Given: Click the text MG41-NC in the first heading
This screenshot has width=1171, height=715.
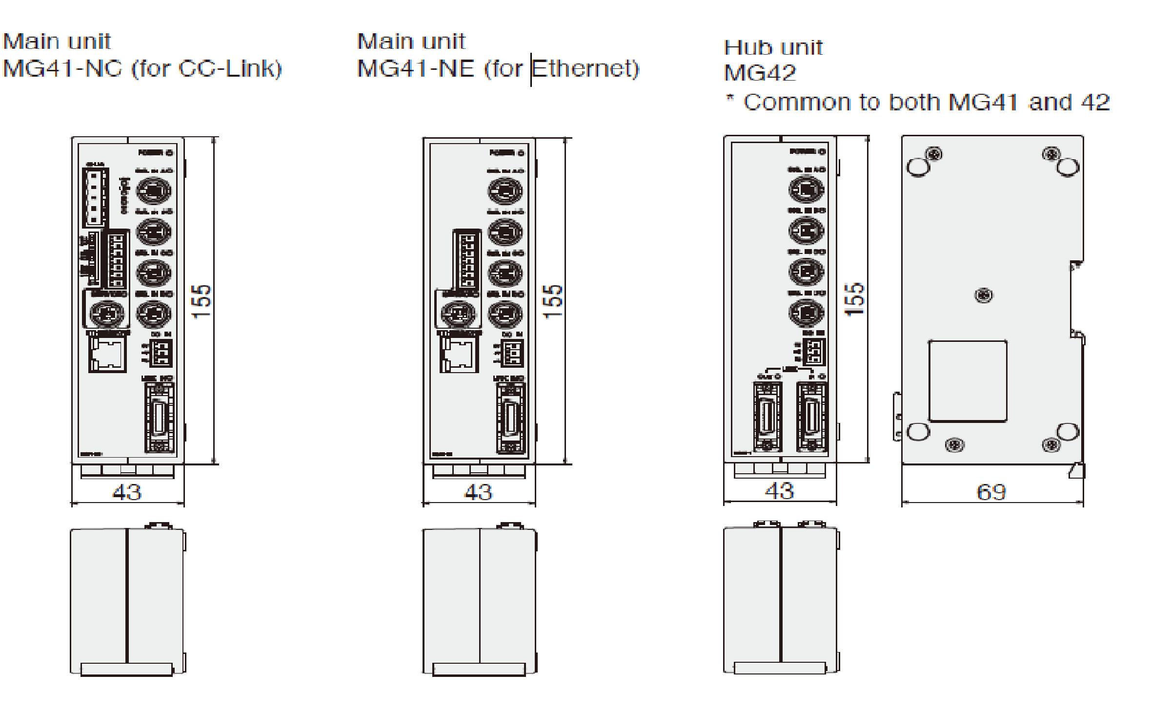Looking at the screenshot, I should (62, 68).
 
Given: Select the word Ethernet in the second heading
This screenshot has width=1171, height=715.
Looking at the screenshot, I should (585, 68).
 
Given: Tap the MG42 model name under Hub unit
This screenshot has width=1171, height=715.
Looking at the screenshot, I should (760, 73).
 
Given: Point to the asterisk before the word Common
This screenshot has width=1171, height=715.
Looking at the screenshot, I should (730, 99).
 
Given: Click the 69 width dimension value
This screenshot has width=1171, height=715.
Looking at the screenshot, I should (991, 492).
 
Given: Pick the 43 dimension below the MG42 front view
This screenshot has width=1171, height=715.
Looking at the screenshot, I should (779, 491).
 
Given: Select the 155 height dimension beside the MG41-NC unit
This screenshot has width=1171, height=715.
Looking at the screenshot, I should (202, 301).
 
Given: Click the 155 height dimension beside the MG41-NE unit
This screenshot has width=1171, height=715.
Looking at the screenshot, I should (553, 301).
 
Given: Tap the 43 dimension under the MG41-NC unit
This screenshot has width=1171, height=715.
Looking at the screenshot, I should (127, 492).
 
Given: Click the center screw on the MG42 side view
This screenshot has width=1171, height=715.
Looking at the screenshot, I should (984, 295).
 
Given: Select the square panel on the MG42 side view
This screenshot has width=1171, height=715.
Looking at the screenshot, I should (968, 381).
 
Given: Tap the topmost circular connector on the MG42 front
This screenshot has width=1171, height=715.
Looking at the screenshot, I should (806, 189).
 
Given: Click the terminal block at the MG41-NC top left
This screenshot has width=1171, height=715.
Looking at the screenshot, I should (96, 197).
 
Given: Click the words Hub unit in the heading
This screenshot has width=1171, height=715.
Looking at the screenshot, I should (773, 48).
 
